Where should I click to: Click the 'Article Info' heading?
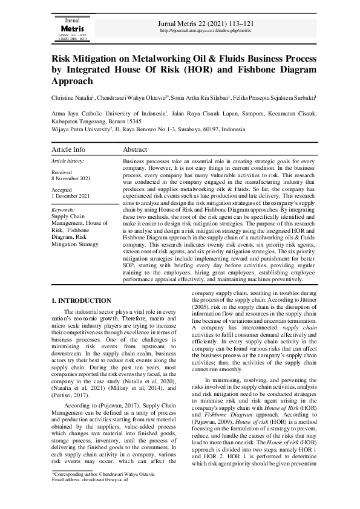click(x=68, y=149)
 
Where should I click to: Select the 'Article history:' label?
click(x=68, y=161)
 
